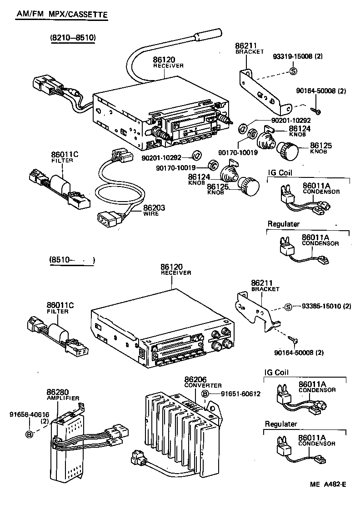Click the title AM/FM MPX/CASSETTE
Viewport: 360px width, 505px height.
(62, 15)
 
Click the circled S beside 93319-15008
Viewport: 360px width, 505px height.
(293, 71)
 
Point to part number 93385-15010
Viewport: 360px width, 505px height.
(322, 306)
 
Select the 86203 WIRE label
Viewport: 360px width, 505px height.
(154, 210)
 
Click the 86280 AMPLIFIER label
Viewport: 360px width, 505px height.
(63, 394)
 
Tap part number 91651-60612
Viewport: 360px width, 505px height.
(240, 394)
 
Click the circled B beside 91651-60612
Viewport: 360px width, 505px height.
(205, 394)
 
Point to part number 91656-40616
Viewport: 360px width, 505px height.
(30, 414)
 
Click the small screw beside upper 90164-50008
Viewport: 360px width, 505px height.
(315, 111)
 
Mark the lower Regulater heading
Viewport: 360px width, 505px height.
(281, 424)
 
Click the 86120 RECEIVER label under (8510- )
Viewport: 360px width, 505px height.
(175, 269)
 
